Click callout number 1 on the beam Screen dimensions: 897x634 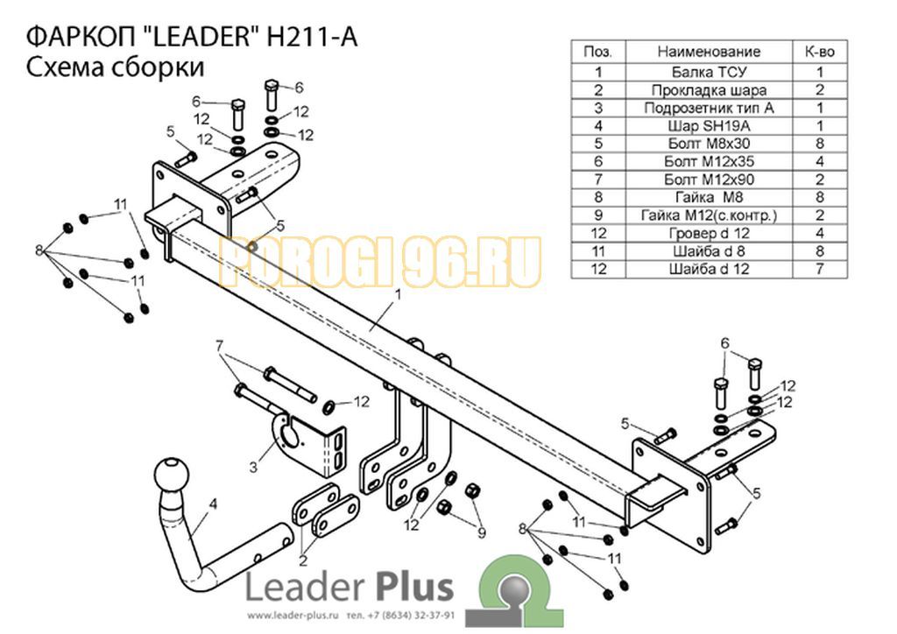click(x=399, y=295)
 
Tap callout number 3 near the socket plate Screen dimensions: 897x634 click(x=253, y=468)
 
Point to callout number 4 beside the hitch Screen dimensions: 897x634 click(x=214, y=504)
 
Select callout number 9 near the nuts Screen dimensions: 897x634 click(x=482, y=532)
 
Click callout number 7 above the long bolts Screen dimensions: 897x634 click(x=219, y=346)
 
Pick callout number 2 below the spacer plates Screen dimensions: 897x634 click(x=302, y=560)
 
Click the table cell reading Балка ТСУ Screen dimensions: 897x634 click(x=709, y=72)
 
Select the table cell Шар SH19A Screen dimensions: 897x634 click(x=709, y=126)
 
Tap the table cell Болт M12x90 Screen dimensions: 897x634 click(x=709, y=180)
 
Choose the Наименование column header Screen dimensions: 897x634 click(x=709, y=52)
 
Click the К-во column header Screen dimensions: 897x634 click(x=820, y=52)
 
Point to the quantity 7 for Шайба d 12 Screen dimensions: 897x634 click(x=820, y=269)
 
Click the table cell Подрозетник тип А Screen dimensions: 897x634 click(x=709, y=108)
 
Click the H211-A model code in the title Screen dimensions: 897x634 click(x=313, y=38)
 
